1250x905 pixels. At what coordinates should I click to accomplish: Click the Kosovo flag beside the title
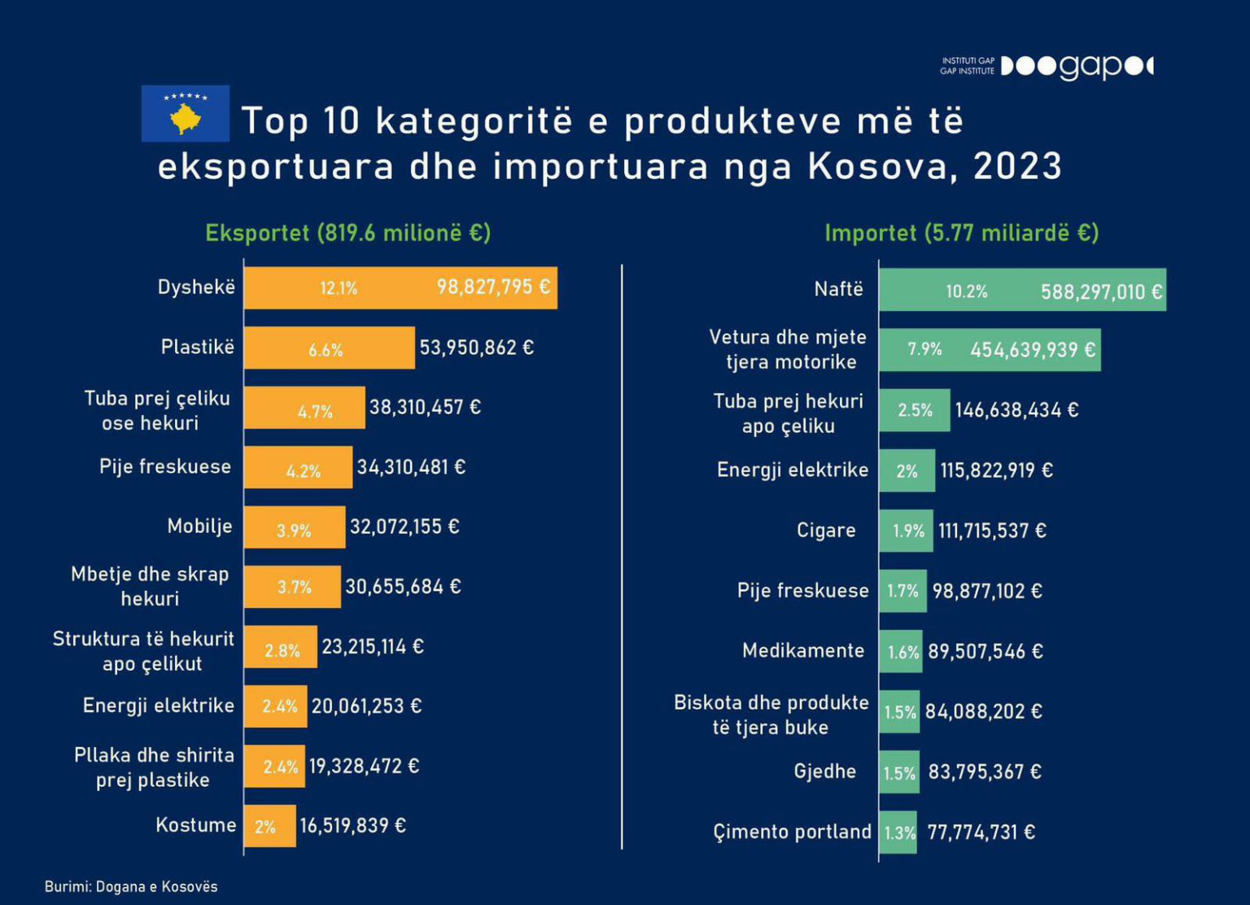(x=186, y=113)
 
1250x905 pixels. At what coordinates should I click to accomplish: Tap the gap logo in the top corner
(x=1077, y=67)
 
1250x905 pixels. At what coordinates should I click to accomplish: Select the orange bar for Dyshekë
(x=400, y=288)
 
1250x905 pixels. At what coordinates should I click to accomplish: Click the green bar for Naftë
(x=1023, y=290)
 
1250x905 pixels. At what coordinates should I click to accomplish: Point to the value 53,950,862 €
(x=477, y=348)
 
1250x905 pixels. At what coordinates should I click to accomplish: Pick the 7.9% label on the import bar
(x=924, y=350)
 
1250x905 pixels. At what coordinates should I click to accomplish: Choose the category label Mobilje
(x=199, y=526)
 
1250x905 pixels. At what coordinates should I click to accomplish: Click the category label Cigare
(x=826, y=530)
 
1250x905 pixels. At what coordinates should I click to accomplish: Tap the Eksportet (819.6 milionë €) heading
(x=348, y=233)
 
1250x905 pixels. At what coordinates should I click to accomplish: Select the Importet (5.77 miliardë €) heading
(x=961, y=234)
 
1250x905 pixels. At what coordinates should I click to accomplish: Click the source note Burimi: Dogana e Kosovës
(x=131, y=886)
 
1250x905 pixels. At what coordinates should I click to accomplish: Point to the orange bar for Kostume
(x=270, y=826)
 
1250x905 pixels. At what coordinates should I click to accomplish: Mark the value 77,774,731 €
(x=981, y=833)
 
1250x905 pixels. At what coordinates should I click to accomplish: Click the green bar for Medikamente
(x=901, y=651)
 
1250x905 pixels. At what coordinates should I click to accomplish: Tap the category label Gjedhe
(x=824, y=772)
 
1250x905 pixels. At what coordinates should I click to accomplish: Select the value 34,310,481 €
(x=411, y=467)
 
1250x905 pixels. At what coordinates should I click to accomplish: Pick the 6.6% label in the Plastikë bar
(x=326, y=350)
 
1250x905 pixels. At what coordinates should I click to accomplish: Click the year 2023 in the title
(x=1017, y=166)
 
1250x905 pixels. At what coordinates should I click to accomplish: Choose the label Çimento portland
(x=793, y=832)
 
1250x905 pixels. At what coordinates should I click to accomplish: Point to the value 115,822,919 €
(x=997, y=470)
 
